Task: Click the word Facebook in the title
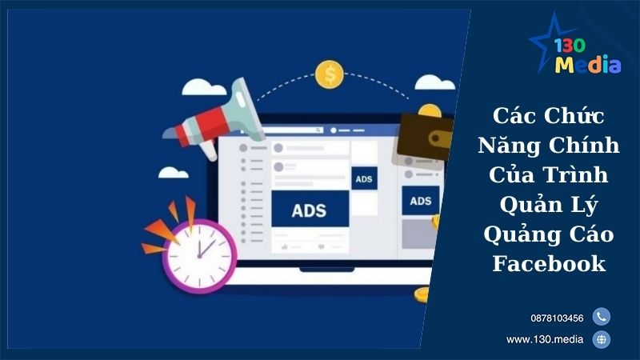(x=548, y=263)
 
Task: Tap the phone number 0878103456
(x=556, y=318)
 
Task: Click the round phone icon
(x=602, y=317)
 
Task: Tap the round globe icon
(x=602, y=339)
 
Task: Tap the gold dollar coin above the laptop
(x=329, y=75)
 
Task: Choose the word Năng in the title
(x=508, y=146)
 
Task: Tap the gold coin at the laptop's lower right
(x=422, y=294)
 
